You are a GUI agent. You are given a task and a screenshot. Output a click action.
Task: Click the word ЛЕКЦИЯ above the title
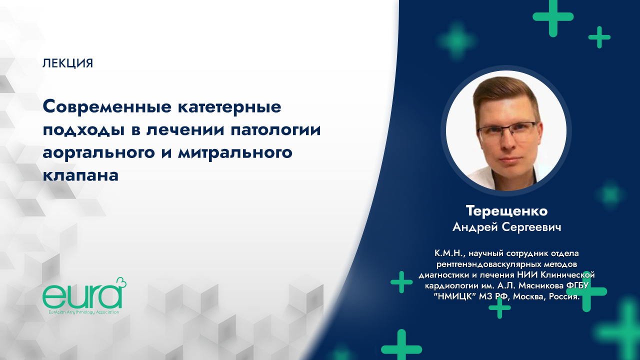pyautogui.click(x=68, y=63)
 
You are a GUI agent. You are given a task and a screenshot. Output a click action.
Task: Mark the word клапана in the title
pyautogui.click(x=80, y=175)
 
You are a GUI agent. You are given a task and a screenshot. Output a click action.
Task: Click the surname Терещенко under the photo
pyautogui.click(x=506, y=210)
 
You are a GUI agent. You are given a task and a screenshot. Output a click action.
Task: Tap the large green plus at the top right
pyautogui.click(x=552, y=16)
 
